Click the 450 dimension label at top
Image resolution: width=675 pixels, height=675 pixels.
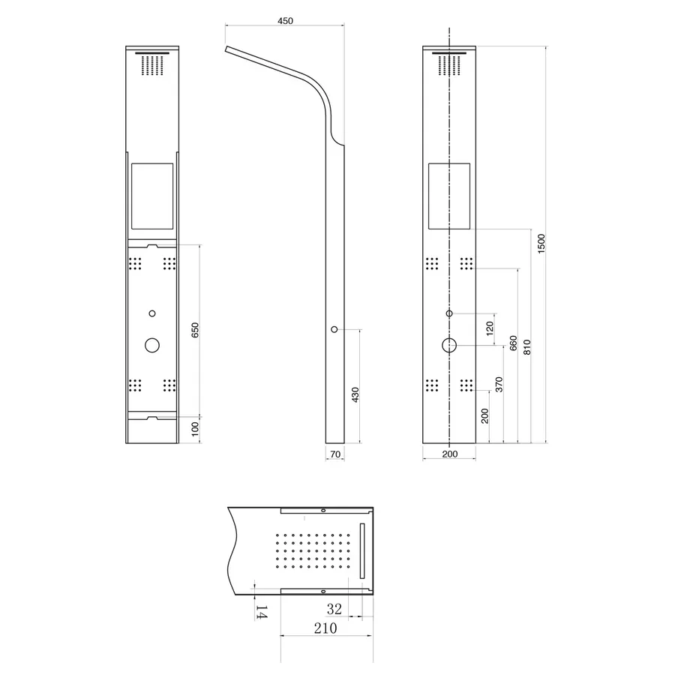pos(285,21)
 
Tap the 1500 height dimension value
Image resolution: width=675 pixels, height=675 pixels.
pos(541,243)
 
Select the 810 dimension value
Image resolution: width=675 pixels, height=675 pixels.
pos(527,346)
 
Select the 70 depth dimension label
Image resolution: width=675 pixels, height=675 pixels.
pos(335,454)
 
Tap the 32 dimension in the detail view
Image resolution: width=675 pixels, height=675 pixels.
pos(334,609)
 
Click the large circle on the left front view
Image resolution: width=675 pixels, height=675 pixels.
pos(152,345)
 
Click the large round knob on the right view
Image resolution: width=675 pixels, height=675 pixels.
pos(449,345)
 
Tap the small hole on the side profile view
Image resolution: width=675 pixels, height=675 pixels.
pos(334,328)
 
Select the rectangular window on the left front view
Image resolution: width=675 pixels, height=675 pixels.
pos(152,196)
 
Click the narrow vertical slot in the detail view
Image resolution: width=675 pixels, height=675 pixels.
pos(362,550)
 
